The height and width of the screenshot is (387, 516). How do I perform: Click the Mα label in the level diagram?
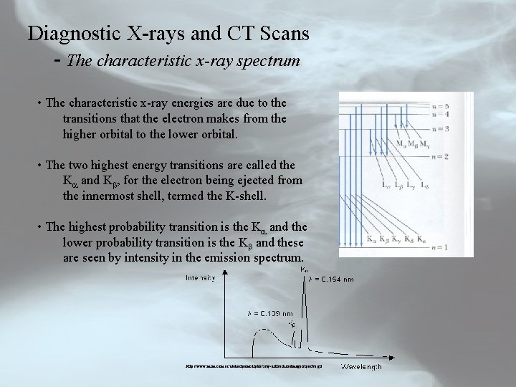coord(401,144)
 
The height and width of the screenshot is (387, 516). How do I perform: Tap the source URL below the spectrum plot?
coord(249,365)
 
